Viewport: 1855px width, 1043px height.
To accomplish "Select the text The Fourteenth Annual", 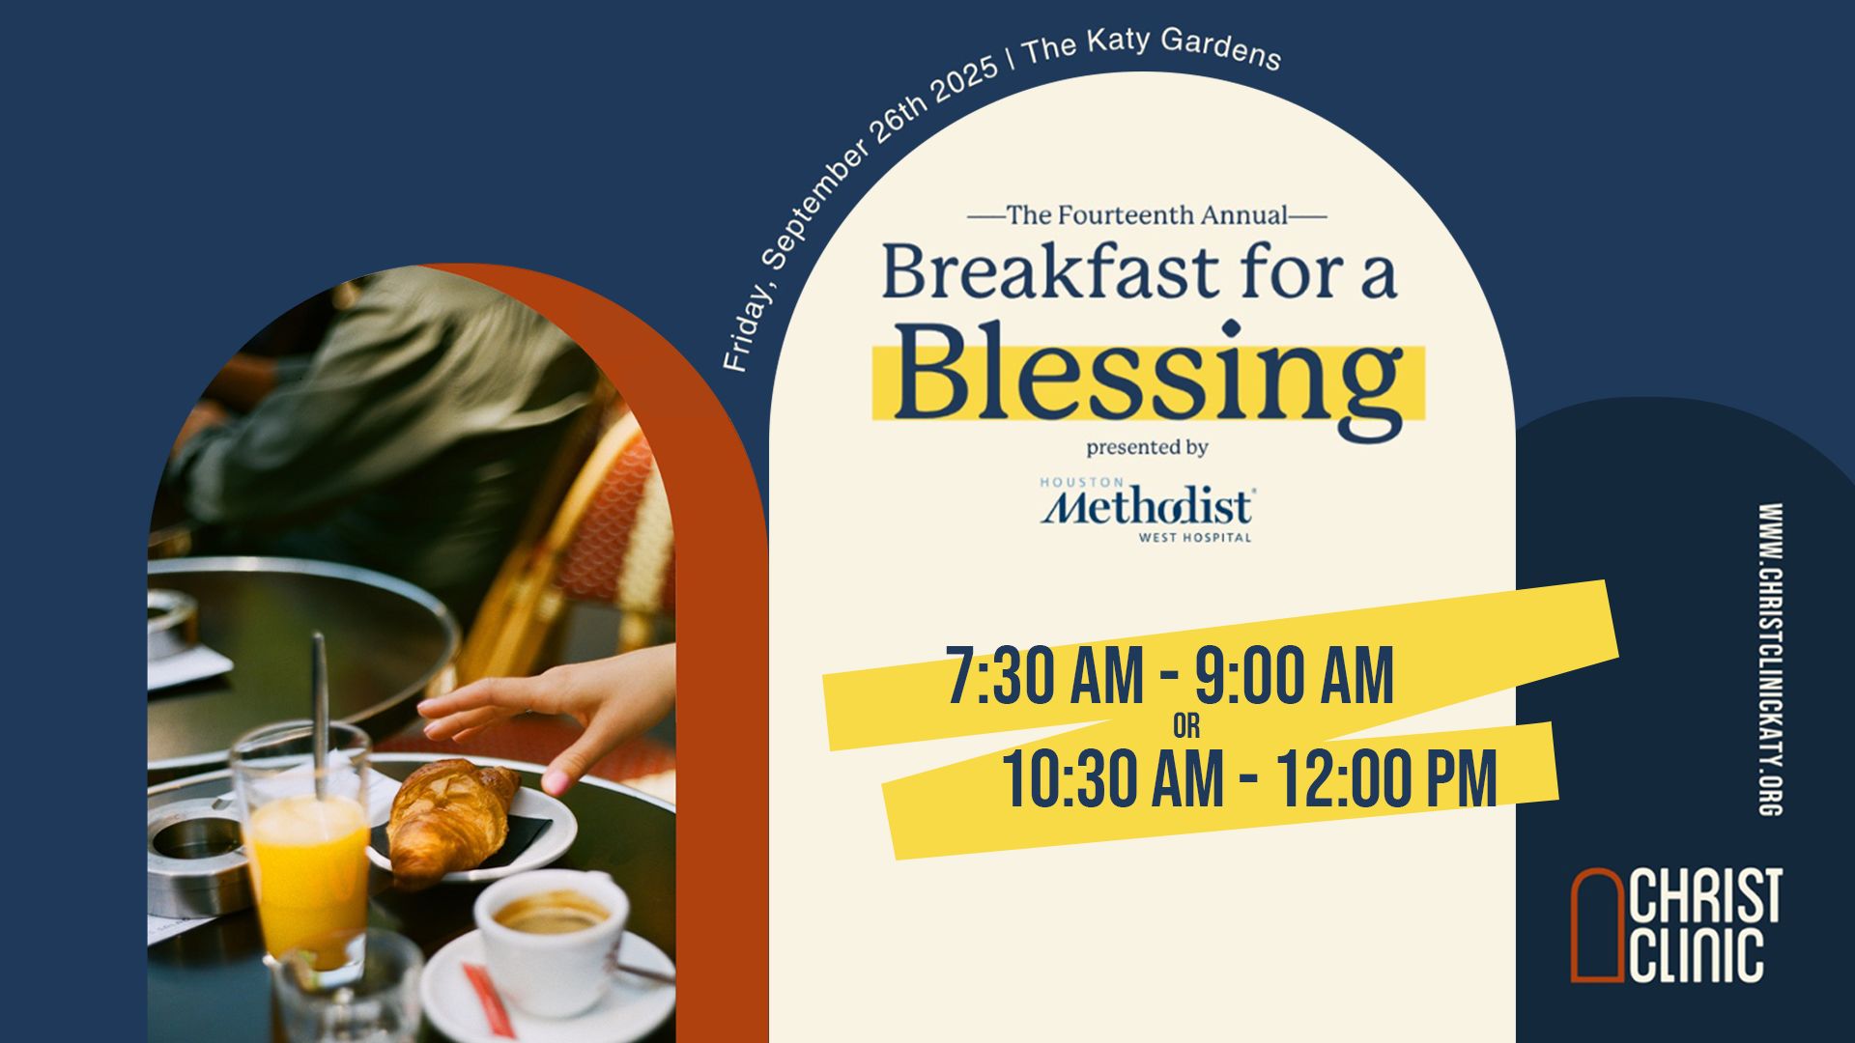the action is point(1147,214).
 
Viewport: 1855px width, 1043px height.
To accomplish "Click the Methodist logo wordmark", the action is point(1147,507).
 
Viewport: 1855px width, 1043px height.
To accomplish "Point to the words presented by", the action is point(1147,448).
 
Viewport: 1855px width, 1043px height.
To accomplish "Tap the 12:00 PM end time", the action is point(1387,778).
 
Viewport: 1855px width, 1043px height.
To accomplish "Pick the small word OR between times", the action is point(1186,726).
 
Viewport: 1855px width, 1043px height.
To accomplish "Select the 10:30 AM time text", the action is point(1113,778).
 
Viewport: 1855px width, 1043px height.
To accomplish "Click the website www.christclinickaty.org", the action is point(1770,660).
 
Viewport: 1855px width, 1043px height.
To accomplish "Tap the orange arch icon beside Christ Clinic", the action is point(1599,925).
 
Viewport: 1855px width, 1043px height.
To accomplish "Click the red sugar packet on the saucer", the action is point(494,999).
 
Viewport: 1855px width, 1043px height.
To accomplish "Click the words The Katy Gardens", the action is point(1152,49).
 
